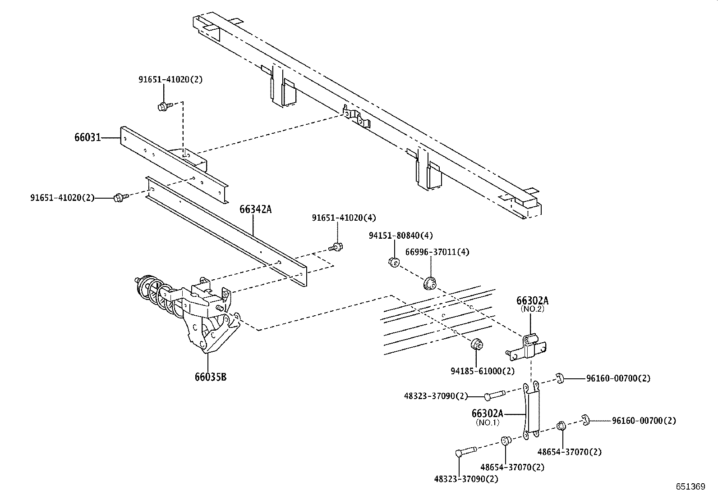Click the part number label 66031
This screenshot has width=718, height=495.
pos(87,137)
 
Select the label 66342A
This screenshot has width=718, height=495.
pos(255,209)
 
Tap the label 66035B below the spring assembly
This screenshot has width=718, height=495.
pos(210,377)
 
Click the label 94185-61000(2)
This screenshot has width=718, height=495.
pos(482,371)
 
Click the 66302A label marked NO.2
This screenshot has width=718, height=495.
pos(533,301)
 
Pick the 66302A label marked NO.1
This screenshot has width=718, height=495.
pos(487,413)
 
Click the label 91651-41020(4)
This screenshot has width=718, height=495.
pos(343,218)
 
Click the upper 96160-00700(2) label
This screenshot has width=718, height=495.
pos(618,378)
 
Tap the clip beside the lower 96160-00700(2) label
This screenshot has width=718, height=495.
pos(585,420)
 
